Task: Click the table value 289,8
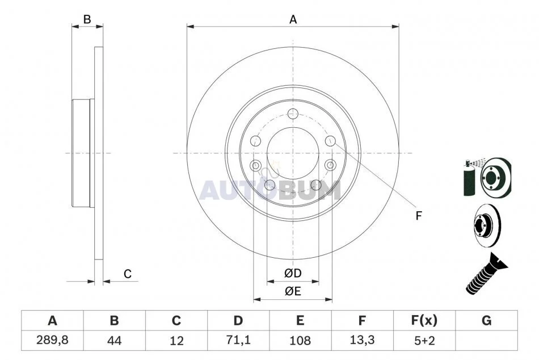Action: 52,340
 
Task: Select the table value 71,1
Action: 238,340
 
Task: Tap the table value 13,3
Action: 362,340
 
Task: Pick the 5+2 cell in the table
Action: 424,341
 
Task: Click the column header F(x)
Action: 424,320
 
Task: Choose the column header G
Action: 486,320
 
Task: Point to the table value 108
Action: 300,341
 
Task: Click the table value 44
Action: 114,341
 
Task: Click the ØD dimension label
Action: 293,273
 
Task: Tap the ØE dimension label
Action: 293,291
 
